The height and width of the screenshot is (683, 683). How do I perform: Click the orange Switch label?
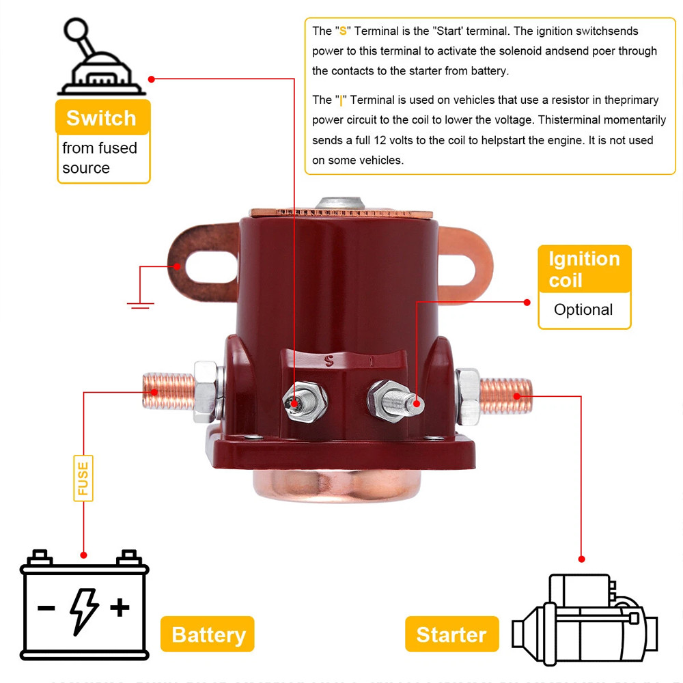[x=101, y=117]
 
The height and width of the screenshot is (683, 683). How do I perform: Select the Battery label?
[x=208, y=635]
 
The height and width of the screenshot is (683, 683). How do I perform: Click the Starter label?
[x=451, y=635]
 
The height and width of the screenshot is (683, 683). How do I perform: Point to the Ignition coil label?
[x=584, y=269]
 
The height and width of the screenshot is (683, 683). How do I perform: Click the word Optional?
[x=583, y=309]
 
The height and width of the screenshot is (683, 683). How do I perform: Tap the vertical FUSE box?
[x=83, y=478]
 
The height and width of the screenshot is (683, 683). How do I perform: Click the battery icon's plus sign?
[x=120, y=607]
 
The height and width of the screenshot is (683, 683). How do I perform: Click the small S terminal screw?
[x=296, y=403]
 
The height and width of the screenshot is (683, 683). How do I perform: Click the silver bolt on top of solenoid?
[x=339, y=204]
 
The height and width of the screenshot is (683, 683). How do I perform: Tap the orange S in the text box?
[x=343, y=31]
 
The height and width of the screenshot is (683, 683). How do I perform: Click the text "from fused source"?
[x=100, y=158]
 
